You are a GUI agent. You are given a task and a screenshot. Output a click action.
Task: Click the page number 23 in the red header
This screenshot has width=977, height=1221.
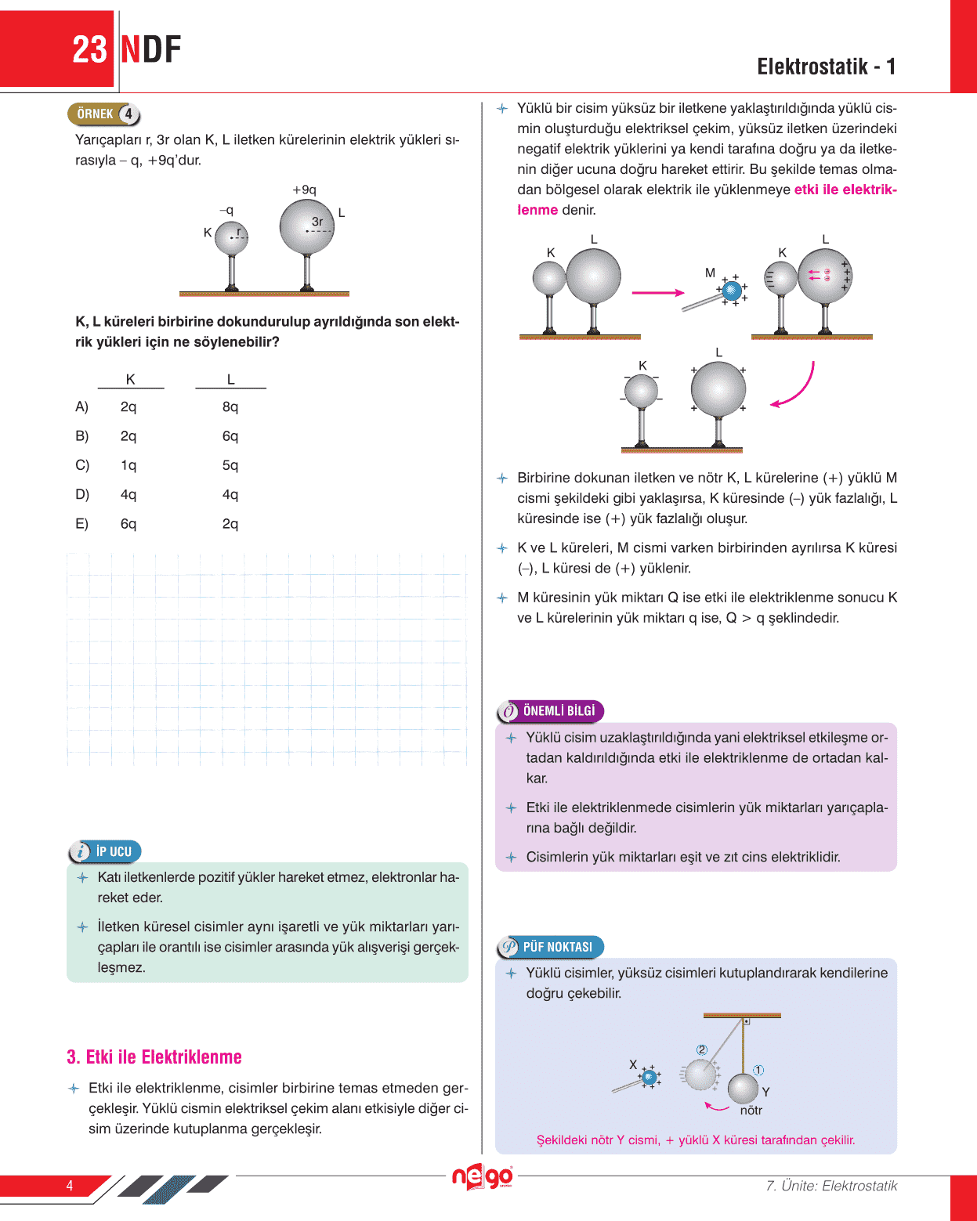[x=89, y=50]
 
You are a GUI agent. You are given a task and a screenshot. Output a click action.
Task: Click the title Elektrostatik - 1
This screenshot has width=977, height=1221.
[x=826, y=67]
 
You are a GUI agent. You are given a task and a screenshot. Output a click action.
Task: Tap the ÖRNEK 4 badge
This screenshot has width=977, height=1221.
[x=104, y=114]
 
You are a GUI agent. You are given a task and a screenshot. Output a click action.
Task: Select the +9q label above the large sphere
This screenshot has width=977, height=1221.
[x=304, y=190]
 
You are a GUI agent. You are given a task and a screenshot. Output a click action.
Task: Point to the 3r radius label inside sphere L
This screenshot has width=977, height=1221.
[x=317, y=222]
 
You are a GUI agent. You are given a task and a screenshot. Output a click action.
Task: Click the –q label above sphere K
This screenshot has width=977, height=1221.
[x=226, y=210]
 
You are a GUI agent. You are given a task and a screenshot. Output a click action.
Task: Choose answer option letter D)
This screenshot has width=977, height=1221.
[x=82, y=494]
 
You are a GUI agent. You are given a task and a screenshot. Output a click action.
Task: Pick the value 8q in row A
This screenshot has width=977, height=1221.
[x=230, y=406]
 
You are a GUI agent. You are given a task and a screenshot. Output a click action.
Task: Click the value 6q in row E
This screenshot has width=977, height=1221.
[x=128, y=523]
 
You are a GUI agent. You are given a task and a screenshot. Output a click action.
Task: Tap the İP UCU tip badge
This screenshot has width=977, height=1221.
[x=105, y=851]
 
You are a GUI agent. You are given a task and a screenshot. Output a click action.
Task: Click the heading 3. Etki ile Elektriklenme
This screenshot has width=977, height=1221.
[x=154, y=1057]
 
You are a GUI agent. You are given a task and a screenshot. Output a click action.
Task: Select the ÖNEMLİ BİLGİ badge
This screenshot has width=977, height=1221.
[x=550, y=710]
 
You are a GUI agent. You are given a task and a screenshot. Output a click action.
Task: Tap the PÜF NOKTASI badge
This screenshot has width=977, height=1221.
[x=550, y=947]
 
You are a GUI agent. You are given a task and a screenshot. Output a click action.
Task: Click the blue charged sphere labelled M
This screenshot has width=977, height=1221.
[x=731, y=291]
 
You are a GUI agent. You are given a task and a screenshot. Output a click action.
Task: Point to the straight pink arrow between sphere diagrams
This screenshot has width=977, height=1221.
[x=658, y=293]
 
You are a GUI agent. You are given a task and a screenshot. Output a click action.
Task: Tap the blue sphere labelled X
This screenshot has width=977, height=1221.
[x=649, y=1077]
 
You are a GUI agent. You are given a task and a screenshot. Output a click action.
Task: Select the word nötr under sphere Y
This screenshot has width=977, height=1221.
[x=751, y=1110]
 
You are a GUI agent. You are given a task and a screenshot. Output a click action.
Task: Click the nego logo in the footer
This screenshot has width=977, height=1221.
[x=482, y=1176]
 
